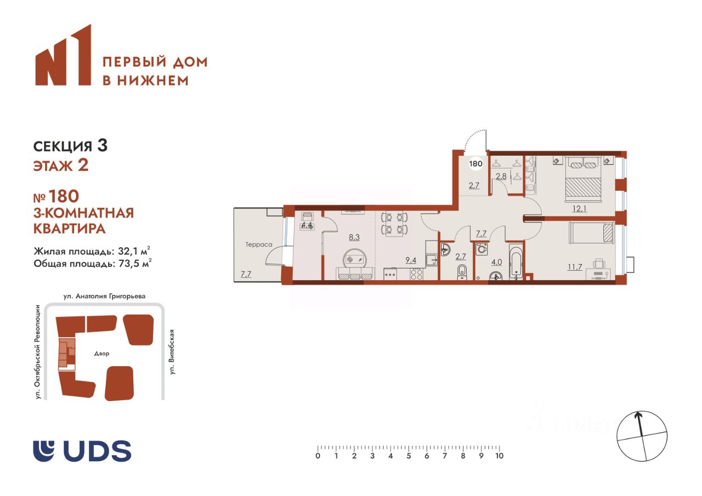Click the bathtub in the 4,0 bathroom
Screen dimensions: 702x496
coord(516,262)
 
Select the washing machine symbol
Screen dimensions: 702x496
coord(482,249)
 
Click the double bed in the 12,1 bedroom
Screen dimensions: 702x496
coord(584,179)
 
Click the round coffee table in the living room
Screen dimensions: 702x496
coord(354,259)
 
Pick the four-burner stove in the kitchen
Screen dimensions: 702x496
coord(417,274)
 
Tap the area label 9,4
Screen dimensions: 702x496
coord(411,260)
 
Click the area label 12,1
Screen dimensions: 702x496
coord(579,208)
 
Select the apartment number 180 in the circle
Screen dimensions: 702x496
coord(475,163)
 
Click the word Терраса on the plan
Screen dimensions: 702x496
coord(259,244)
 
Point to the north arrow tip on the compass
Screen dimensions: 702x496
coord(637,413)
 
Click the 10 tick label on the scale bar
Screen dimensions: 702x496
coord(499,456)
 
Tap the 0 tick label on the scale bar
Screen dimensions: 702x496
coord(318,456)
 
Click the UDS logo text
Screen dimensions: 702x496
coord(97,451)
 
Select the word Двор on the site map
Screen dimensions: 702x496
coord(102,354)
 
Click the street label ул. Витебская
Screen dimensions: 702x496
coord(172,352)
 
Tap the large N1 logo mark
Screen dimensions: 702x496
coord(63,55)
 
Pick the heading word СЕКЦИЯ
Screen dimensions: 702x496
coord(63,146)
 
